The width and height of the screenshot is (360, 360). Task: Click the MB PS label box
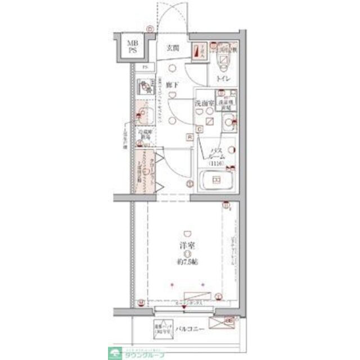pos(132,46)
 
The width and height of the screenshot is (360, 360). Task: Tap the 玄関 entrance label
pos(173,48)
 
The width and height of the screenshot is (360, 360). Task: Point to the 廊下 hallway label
pos(173,86)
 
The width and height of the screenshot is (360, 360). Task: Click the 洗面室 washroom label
pos(203,104)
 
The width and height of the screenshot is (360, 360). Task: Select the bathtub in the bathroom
pos(215,181)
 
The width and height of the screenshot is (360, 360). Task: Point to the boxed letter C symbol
pos(199,129)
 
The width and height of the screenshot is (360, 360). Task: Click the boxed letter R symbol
pos(190,137)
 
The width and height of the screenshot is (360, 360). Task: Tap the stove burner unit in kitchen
pos(146,88)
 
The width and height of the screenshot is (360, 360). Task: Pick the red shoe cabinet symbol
pos(196,52)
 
